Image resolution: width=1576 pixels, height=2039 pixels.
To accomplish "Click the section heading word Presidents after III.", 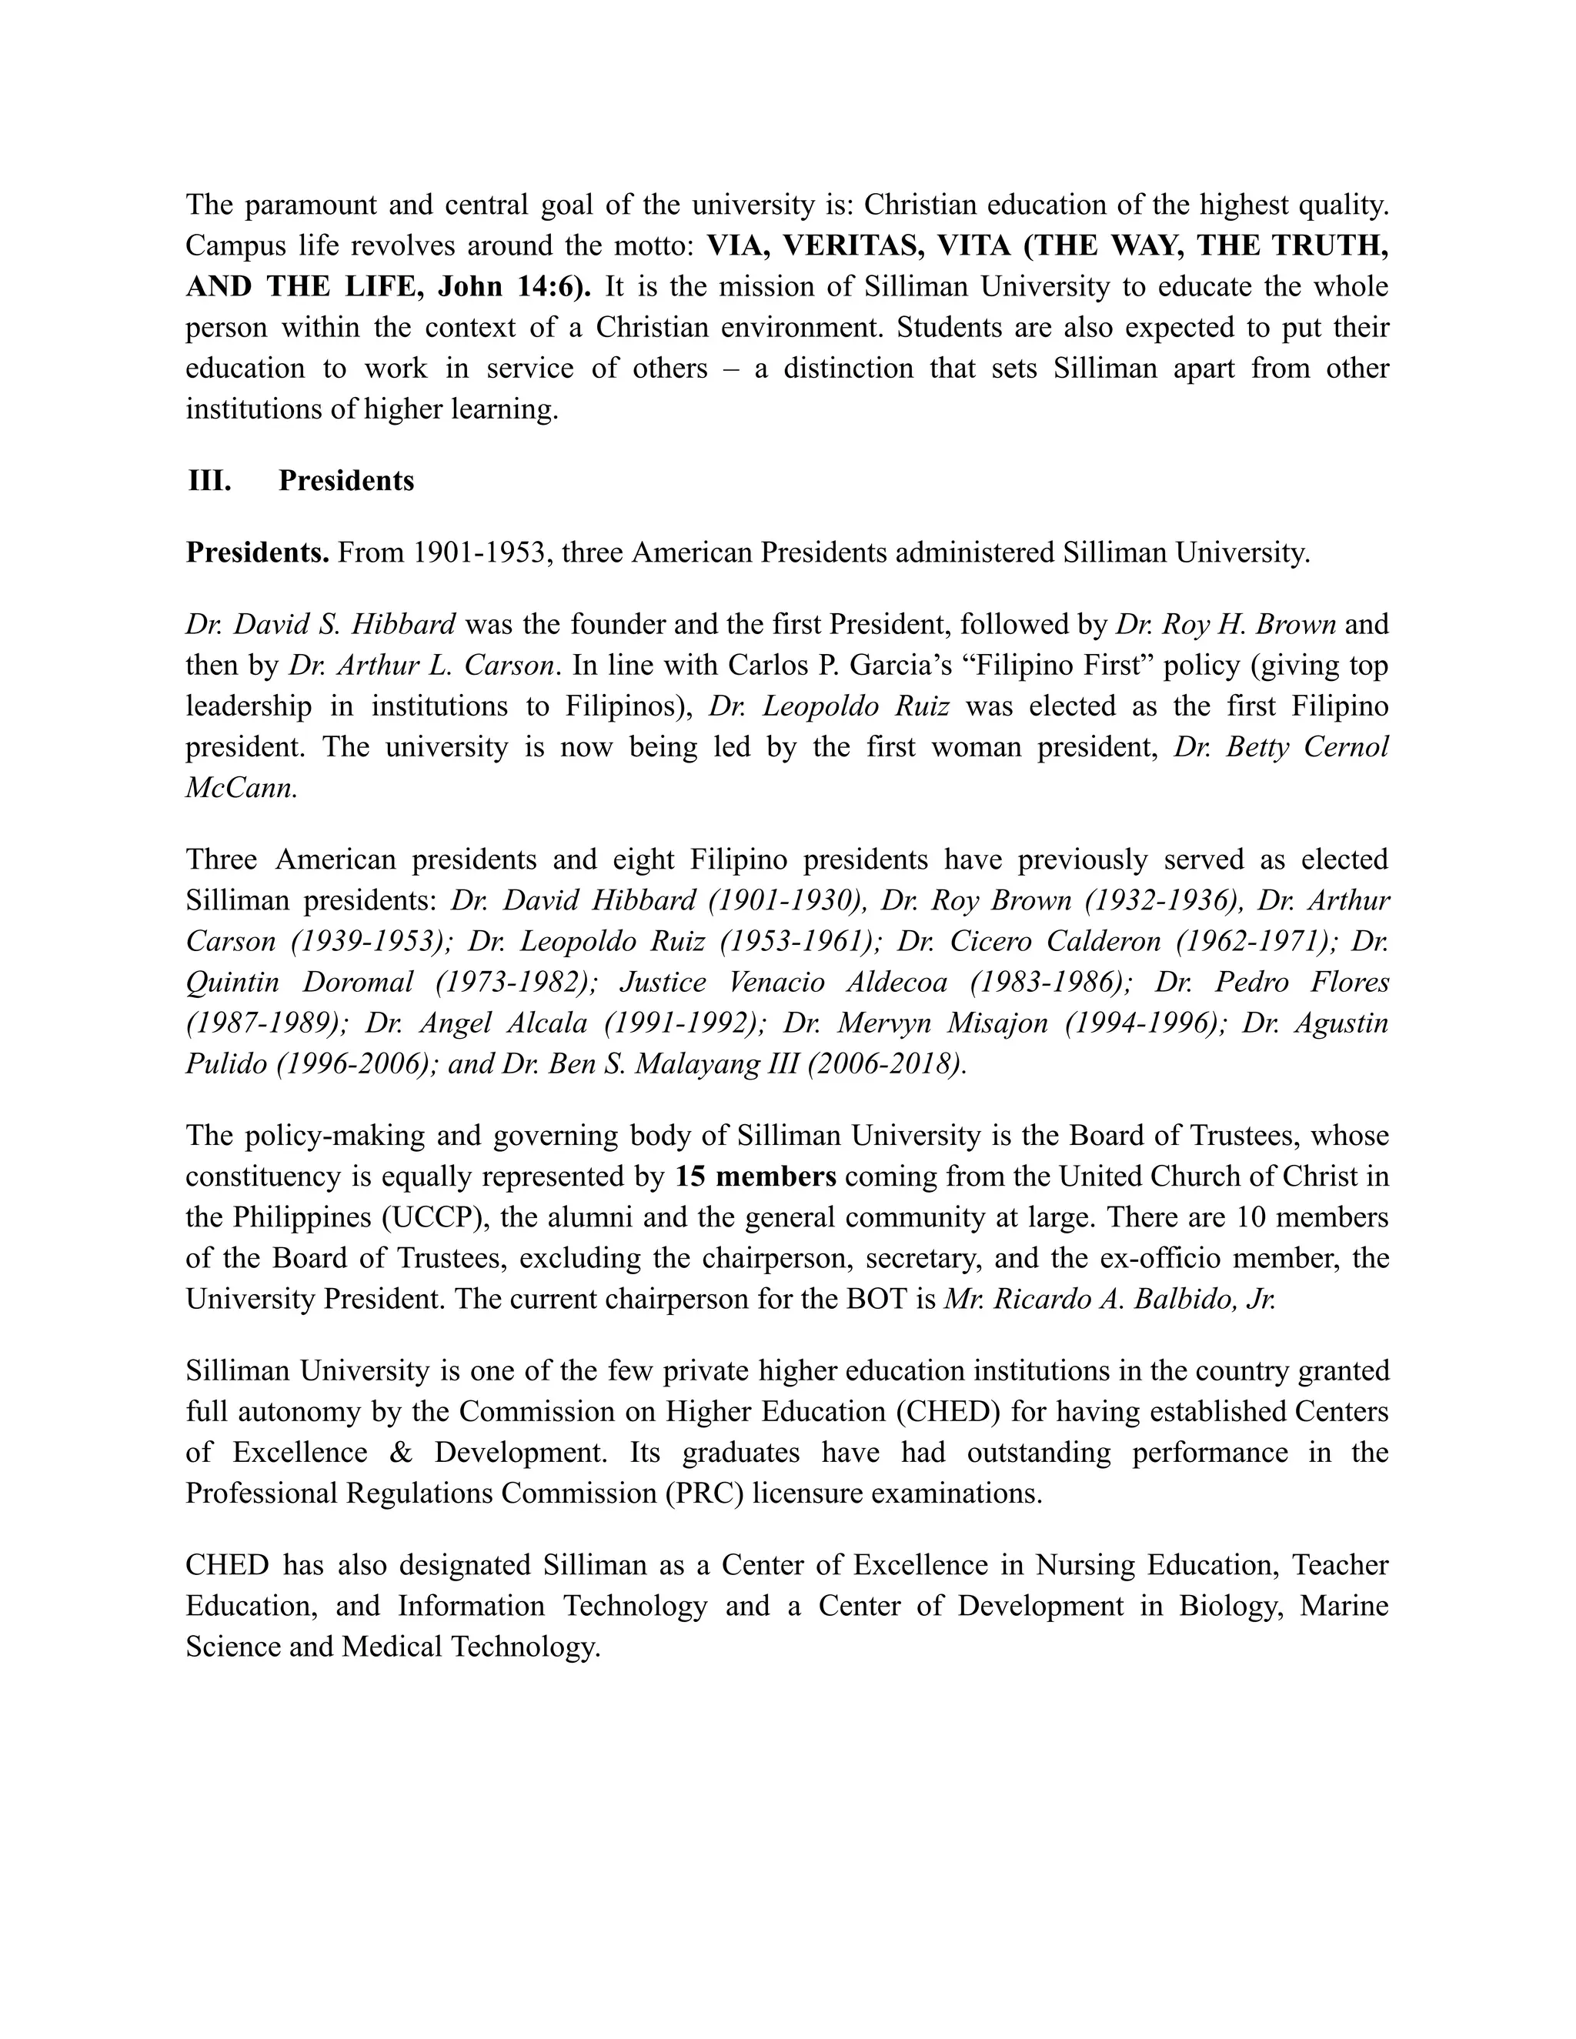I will tap(346, 481).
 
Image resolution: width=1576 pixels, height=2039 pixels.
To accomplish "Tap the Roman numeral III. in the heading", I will tap(210, 481).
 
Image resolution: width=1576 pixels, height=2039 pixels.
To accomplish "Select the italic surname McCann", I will tap(241, 787).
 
